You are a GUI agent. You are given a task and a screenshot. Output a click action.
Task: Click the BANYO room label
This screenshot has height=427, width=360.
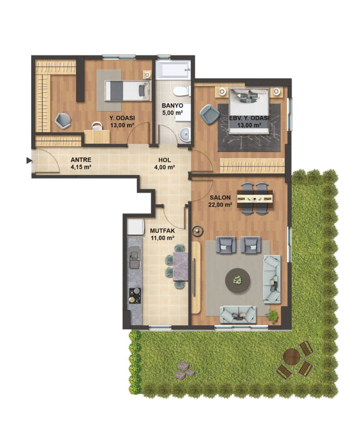click(172, 105)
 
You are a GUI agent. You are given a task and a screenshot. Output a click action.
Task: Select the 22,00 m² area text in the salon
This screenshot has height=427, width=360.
click(221, 205)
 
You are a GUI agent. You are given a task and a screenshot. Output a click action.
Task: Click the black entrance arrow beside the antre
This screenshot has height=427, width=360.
click(28, 161)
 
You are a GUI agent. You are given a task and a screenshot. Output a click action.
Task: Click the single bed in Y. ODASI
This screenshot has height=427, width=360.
click(129, 90)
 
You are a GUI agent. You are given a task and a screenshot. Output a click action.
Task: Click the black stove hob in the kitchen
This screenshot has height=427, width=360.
click(134, 294)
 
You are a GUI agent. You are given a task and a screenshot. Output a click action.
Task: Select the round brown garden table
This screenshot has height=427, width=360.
click(292, 356)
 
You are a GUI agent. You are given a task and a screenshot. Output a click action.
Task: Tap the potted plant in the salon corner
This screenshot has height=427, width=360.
click(272, 316)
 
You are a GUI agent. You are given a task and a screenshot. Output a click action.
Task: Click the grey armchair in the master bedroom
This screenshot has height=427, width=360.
click(209, 114)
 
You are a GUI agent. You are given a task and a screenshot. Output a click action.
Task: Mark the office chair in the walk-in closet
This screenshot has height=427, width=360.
click(63, 118)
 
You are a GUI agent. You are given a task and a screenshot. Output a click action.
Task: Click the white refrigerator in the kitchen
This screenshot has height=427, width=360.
click(136, 227)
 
